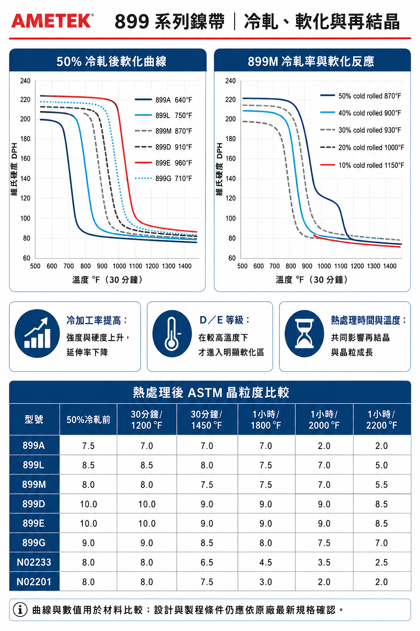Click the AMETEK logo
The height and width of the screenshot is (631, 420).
point(52,21)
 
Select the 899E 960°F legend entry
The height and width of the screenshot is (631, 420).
point(163,163)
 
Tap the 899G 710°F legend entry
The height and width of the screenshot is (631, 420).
point(163,178)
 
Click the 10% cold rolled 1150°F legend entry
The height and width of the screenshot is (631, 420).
point(362,165)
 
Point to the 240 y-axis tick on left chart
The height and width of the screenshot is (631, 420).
point(25,81)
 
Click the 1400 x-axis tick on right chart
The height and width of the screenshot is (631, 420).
point(390,266)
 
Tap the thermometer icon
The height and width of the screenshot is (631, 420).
point(172,334)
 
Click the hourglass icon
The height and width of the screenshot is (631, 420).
point(304,334)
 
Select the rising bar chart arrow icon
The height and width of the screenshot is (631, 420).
point(37,334)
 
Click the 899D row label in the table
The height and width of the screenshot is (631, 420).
point(34,504)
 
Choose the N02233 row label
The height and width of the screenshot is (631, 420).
point(34,562)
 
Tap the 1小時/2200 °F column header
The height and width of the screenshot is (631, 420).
point(381,419)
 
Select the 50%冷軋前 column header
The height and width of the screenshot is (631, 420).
point(88,419)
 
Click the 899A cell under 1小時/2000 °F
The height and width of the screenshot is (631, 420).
point(324,446)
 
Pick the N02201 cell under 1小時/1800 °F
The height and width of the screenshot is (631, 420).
point(266,582)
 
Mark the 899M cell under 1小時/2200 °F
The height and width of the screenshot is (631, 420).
point(381,484)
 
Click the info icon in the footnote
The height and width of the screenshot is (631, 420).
point(20,610)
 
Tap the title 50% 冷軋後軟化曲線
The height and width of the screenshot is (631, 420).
point(112,61)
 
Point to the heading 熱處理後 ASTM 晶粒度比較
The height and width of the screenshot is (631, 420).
point(211,392)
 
